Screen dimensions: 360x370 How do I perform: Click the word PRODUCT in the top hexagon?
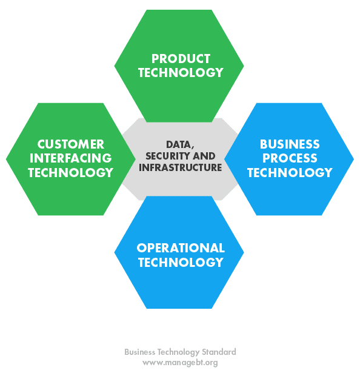(181, 59)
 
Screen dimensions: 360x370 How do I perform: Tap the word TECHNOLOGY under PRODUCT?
(181, 72)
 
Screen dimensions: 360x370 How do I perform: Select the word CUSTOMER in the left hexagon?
(70, 144)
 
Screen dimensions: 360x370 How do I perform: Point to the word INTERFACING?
(70, 158)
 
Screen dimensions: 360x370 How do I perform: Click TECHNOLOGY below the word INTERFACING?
(70, 172)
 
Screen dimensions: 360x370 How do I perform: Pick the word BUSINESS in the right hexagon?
(290, 144)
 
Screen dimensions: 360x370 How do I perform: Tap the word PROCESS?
(290, 158)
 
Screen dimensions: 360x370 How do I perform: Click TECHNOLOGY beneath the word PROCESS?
(290, 172)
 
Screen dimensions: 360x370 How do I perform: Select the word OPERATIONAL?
(181, 248)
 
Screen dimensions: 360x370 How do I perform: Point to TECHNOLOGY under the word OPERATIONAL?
(181, 262)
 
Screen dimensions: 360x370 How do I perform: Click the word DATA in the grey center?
(179, 144)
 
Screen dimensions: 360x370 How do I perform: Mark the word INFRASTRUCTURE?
(181, 167)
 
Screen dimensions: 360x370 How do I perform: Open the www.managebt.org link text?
(180, 362)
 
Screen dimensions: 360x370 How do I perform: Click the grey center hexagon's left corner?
(122, 159)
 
